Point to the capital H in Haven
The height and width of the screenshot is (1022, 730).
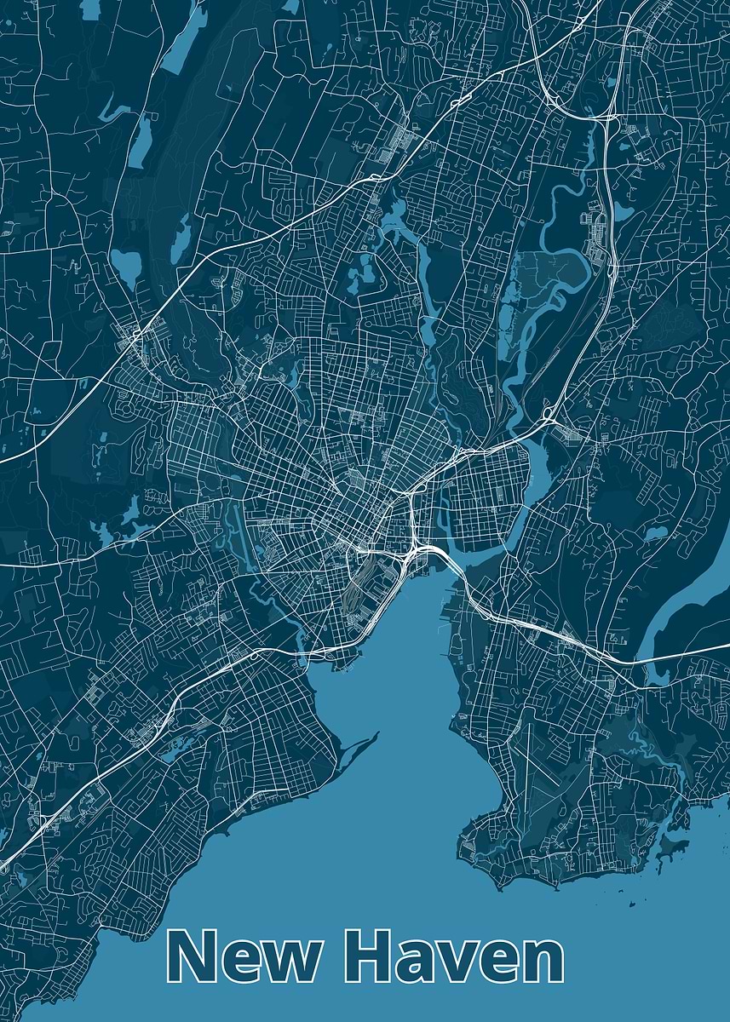click(372, 956)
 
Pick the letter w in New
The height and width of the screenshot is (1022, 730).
click(286, 962)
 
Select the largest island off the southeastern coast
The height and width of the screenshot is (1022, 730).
click(674, 844)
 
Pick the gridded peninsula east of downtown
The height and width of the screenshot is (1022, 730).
click(486, 494)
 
